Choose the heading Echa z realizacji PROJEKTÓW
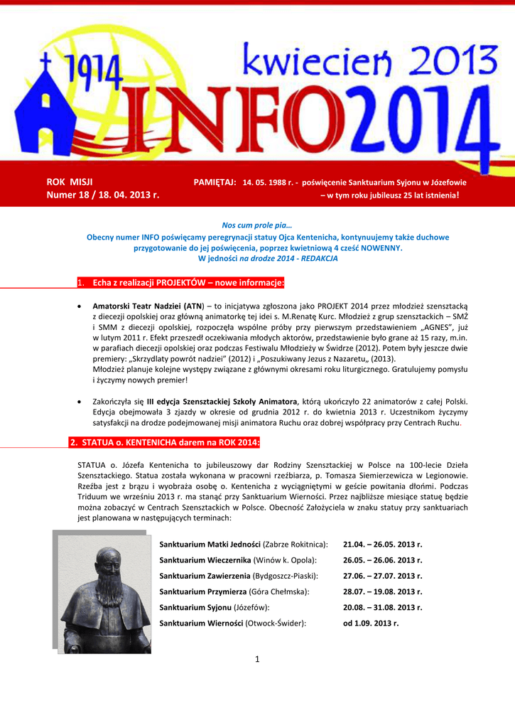[x=188, y=284]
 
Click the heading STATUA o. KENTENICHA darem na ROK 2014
[x=164, y=443]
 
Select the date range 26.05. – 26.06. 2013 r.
[x=382, y=560]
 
